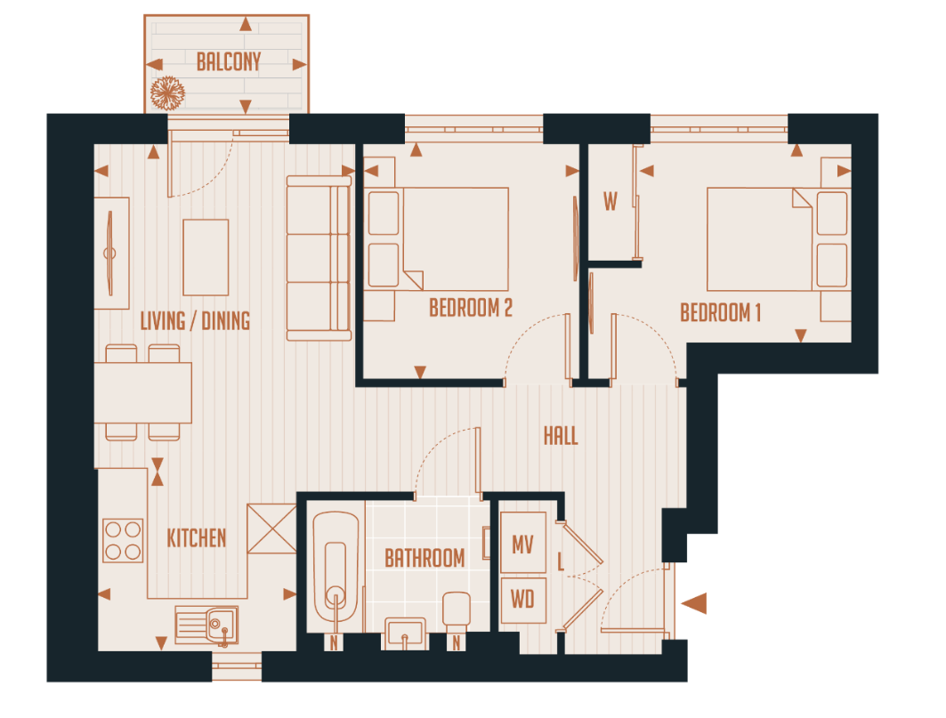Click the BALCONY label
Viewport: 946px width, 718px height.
(x=229, y=62)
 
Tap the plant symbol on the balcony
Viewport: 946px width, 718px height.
(x=166, y=93)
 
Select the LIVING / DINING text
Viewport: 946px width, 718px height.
(x=195, y=320)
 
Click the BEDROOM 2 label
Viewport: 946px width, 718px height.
(x=471, y=308)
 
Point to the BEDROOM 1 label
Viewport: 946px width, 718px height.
(x=721, y=313)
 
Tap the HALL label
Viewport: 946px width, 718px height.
(x=561, y=436)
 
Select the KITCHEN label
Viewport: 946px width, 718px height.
(x=197, y=538)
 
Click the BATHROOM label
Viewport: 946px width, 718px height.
(x=424, y=559)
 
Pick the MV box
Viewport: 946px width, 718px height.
(x=522, y=544)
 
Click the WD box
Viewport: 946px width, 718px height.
(x=522, y=601)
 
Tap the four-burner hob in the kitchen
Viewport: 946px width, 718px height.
(x=123, y=540)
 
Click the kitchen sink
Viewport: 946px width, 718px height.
(x=206, y=625)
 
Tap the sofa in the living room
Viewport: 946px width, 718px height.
(x=318, y=258)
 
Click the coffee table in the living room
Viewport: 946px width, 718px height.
(x=206, y=258)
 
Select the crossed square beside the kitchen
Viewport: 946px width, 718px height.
(x=271, y=528)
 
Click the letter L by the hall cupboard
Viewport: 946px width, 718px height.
(x=560, y=562)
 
